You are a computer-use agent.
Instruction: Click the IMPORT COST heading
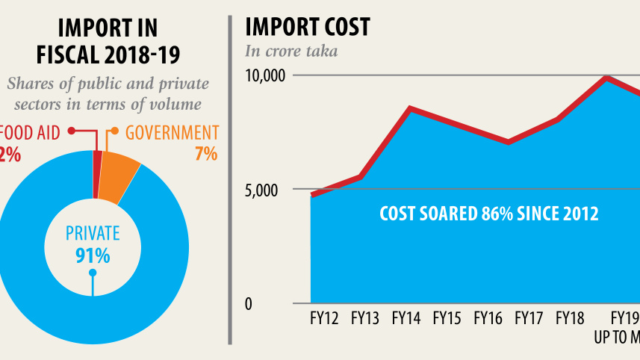pos(308,28)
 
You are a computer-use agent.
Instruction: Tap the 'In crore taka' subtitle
pos(291,52)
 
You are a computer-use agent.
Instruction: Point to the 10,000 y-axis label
pos(266,75)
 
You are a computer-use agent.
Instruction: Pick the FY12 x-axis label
pos(324,319)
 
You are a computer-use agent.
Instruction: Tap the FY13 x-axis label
pos(364,319)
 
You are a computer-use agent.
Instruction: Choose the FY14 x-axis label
pos(406,319)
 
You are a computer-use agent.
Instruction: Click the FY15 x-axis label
pos(447,319)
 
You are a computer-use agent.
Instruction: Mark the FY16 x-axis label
pos(488,319)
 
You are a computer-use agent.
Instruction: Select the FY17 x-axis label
pos(529,319)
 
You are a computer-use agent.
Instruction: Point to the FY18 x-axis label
pos(570,319)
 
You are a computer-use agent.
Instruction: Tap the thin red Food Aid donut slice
pos(97,175)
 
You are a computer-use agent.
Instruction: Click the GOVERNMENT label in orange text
pos(172,133)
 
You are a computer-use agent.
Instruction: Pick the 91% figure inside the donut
pos(93,255)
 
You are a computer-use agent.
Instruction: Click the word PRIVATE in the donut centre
pos(93,233)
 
